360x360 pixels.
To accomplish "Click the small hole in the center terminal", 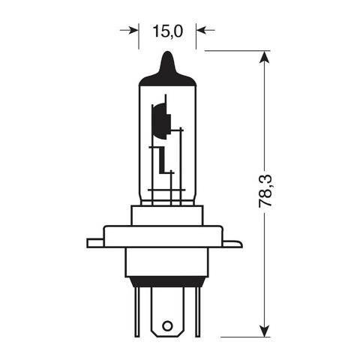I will (x=167, y=326).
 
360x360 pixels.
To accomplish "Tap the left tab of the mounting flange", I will (x=94, y=242).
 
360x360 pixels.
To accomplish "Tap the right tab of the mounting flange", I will (x=233, y=243).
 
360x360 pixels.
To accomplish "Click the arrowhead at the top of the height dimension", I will (x=264, y=57).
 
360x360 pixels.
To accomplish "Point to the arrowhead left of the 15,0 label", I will (x=134, y=30).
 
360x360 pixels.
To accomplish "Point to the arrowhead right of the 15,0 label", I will (x=201, y=30).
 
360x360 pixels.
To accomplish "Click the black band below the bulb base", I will (x=167, y=282).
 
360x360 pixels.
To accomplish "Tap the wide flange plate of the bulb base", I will (x=167, y=235).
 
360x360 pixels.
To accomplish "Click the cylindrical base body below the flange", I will (x=167, y=262).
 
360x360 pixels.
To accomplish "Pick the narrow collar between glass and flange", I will (x=167, y=214).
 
